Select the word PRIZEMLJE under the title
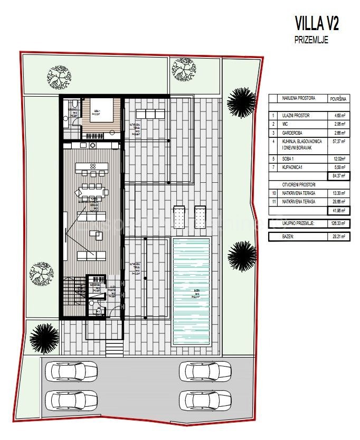point(311,40)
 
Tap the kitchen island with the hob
point(92,168)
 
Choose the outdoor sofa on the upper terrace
point(151,114)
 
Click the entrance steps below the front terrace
point(114,348)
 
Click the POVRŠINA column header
point(338,98)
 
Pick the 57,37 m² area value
point(338,142)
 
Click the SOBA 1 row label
point(291,158)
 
